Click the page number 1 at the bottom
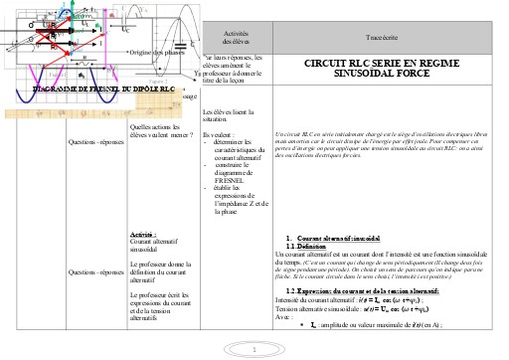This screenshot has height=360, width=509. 254,350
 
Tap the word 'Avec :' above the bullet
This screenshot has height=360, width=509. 285,317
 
